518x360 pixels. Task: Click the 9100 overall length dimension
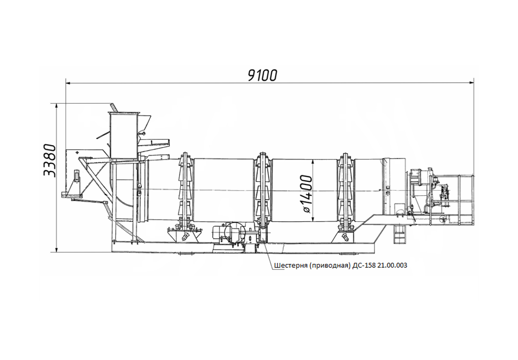coord(263,76)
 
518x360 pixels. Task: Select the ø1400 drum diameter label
coord(306,194)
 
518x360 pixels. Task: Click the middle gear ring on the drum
coord(263,192)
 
